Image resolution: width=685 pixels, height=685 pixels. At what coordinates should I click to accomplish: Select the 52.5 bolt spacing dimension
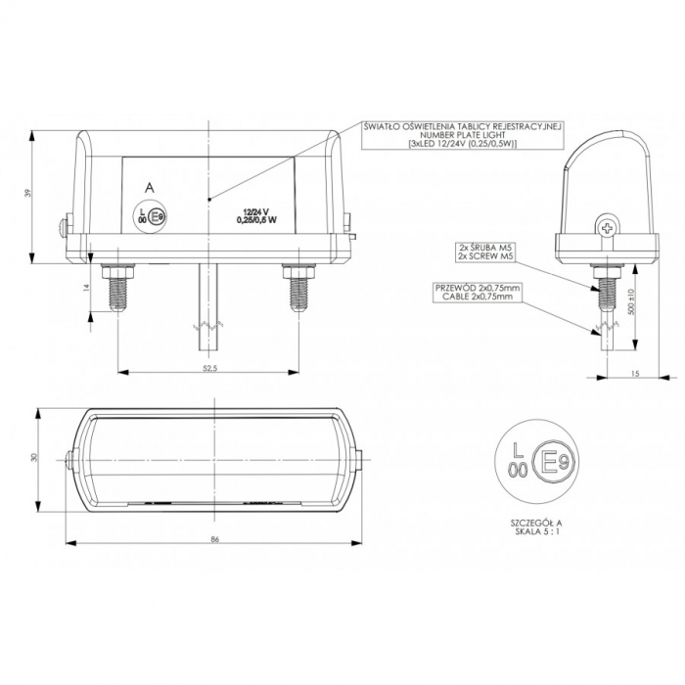click(208, 367)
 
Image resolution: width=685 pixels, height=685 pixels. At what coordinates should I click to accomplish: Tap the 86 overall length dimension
click(214, 540)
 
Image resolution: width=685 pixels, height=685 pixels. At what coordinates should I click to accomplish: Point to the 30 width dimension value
click(31, 458)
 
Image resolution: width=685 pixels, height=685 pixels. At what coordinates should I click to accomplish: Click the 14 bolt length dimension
click(85, 287)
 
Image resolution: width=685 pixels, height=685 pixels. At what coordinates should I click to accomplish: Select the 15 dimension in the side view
click(634, 372)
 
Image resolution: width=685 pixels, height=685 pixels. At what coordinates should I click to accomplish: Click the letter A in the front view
click(148, 186)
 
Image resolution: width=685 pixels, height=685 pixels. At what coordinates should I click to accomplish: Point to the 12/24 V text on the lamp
click(255, 211)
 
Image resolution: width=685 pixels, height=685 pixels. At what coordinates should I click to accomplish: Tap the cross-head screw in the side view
click(608, 229)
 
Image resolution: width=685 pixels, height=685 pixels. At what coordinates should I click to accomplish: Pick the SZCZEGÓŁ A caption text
click(537, 524)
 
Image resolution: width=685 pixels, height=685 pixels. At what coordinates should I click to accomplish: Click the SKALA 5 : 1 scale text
click(537, 533)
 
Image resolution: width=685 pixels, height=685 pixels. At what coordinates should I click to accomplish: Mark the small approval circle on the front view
click(149, 214)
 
